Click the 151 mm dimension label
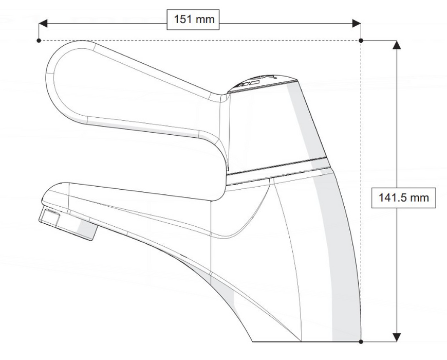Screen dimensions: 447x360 [x=193, y=20]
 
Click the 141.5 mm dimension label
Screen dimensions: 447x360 [x=403, y=197]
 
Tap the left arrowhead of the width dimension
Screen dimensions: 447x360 [x=43, y=23]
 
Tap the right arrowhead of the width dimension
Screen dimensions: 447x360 [x=357, y=23]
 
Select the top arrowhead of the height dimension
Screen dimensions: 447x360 [x=397, y=45]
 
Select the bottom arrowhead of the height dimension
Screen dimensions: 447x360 [x=397, y=337]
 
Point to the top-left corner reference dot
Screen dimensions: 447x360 [x=39, y=41]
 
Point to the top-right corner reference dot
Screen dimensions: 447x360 [x=361, y=41]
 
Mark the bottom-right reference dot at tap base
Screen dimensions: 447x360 [x=361, y=341]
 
